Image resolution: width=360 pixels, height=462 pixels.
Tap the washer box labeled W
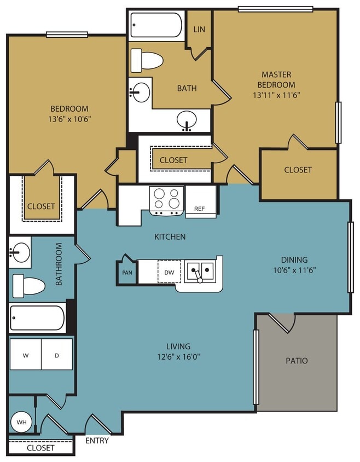point(26,355)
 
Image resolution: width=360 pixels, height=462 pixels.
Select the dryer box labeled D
point(57,355)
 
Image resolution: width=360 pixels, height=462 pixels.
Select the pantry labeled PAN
point(126,272)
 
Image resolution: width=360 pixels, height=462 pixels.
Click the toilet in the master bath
point(148,59)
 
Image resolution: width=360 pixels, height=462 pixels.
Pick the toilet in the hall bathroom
point(28,285)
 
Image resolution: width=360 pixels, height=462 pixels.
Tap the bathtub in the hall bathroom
point(37,318)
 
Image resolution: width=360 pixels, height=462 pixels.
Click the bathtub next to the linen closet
point(156,24)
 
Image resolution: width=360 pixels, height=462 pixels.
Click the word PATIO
point(297,361)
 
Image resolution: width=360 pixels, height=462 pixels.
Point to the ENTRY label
point(97,441)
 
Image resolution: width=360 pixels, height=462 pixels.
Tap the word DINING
point(294,260)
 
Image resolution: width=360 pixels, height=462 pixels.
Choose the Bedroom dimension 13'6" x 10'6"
point(69,118)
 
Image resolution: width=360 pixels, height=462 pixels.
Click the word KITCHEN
point(169,237)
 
